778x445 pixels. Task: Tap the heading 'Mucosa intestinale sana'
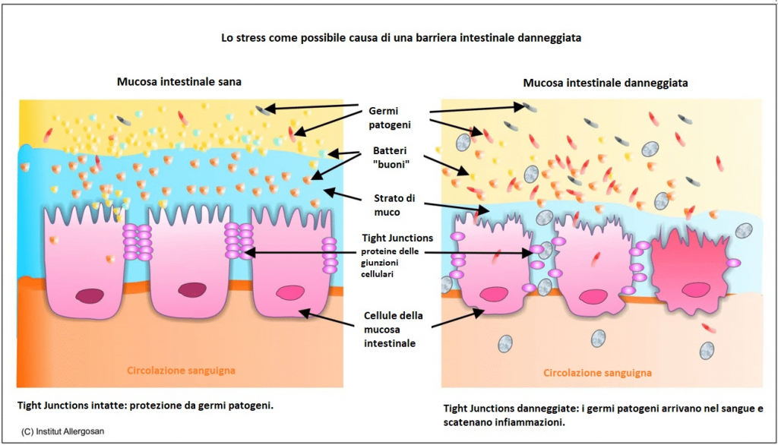click(179, 81)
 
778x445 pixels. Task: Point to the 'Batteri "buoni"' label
click(393, 156)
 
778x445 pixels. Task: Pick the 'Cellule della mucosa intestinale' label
click(393, 327)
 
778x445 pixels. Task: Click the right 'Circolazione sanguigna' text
click(598, 373)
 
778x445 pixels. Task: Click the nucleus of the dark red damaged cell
click(694, 289)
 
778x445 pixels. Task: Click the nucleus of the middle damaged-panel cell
click(592, 292)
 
